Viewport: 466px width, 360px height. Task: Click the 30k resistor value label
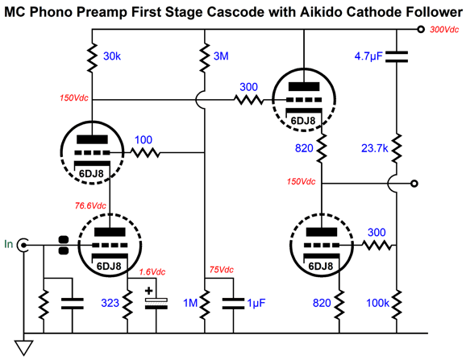click(x=112, y=56)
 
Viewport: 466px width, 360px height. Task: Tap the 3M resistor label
click(x=221, y=56)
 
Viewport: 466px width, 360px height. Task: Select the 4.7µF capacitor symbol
click(x=397, y=56)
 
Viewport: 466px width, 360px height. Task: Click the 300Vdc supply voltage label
click(x=444, y=29)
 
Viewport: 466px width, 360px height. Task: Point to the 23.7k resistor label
click(x=374, y=148)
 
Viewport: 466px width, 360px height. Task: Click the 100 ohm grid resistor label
click(x=144, y=140)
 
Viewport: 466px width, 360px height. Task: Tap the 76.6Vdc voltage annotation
click(x=90, y=205)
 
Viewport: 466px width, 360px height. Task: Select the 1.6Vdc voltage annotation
click(x=152, y=272)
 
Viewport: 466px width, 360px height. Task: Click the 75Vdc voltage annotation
click(x=222, y=270)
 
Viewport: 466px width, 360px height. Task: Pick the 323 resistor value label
click(x=110, y=303)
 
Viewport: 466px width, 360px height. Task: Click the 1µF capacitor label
click(x=256, y=303)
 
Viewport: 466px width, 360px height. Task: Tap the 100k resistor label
click(x=377, y=303)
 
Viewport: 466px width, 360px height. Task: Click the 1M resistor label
click(x=190, y=303)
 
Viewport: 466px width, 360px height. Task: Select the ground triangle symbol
click(x=23, y=348)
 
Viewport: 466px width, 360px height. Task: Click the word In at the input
click(x=9, y=244)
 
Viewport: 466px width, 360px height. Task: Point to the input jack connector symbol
click(x=23, y=245)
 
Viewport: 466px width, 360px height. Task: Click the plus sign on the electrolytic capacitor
click(x=148, y=291)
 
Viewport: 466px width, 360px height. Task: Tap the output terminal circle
click(x=414, y=184)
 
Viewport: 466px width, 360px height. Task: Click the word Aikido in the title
click(x=317, y=12)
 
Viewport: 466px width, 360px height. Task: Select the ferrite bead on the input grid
click(x=64, y=246)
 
